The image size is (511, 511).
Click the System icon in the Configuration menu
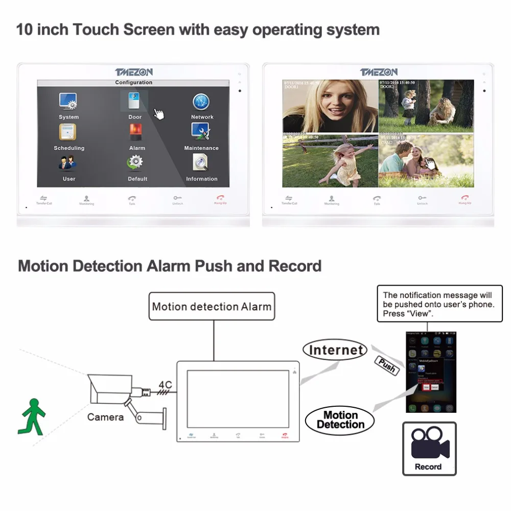click(x=68, y=102)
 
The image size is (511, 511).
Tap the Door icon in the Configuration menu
click(x=134, y=101)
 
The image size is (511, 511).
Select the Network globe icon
click(x=201, y=102)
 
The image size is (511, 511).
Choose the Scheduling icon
click(x=68, y=132)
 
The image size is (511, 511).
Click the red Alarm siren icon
click(x=136, y=132)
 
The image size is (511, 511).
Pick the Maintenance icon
click(x=200, y=132)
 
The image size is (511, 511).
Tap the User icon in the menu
click(x=68, y=163)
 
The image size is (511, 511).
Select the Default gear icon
click(x=135, y=163)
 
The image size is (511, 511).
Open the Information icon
click(x=200, y=163)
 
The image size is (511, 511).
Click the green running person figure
click(x=32, y=416)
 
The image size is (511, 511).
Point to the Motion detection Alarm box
click(x=212, y=307)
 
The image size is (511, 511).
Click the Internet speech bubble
click(x=335, y=350)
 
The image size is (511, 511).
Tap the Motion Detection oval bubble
click(x=340, y=420)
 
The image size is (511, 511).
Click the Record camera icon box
click(x=429, y=449)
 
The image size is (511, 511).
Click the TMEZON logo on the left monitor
click(x=133, y=72)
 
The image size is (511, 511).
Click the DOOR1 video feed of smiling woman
click(x=330, y=107)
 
